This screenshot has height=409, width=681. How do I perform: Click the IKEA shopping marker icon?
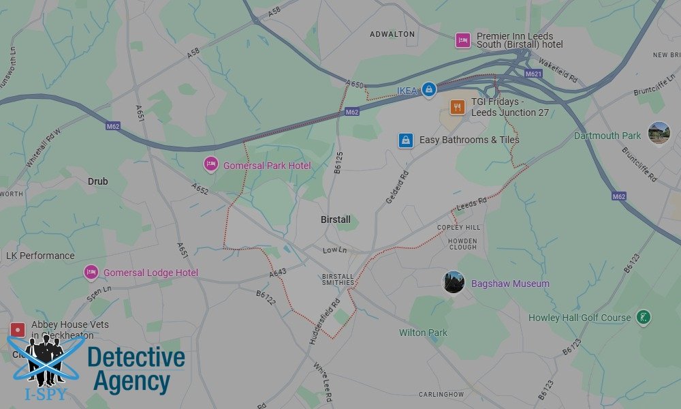coord(428,89)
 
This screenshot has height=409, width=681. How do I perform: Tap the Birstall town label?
coord(336,219)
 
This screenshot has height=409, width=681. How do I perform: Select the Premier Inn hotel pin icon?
coord(463,40)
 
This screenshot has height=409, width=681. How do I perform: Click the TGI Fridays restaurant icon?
coord(458,106)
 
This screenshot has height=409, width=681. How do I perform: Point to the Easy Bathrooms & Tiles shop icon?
coord(406,140)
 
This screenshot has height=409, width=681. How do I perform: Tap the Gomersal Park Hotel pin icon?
coord(211,165)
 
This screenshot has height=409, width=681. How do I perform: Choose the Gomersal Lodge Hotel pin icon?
coord(91,273)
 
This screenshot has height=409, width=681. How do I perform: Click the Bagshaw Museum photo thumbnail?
coord(454,282)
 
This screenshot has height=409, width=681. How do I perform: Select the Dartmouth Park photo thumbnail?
coord(659,133)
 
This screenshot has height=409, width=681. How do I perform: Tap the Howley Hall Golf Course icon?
coord(643,317)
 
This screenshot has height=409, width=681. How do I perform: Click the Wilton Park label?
coord(423,333)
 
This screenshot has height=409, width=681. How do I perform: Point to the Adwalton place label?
coord(392,34)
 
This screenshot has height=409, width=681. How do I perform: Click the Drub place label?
coord(97,181)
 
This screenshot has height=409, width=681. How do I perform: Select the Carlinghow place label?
coord(441,394)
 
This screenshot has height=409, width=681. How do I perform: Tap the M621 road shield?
coord(533,73)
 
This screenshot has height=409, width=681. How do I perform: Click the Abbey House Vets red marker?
coord(18,330)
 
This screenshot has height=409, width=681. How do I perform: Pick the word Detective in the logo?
coord(136,357)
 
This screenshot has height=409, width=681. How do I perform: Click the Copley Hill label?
coord(458,227)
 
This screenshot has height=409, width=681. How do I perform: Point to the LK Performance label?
coord(40,256)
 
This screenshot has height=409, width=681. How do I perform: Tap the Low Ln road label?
coord(334,251)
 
